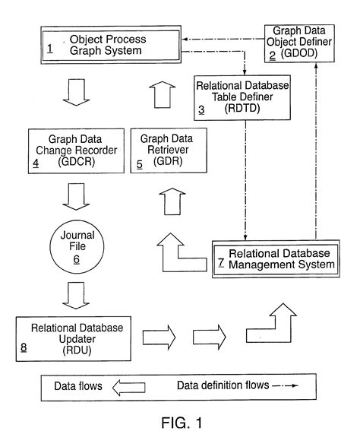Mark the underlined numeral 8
tap(24, 350)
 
